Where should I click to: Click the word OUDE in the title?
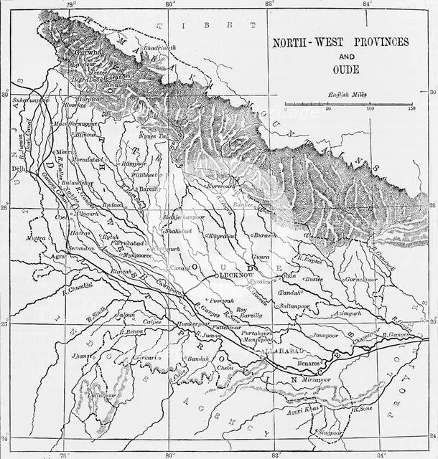pos(340,70)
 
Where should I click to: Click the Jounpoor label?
pos(325,335)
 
